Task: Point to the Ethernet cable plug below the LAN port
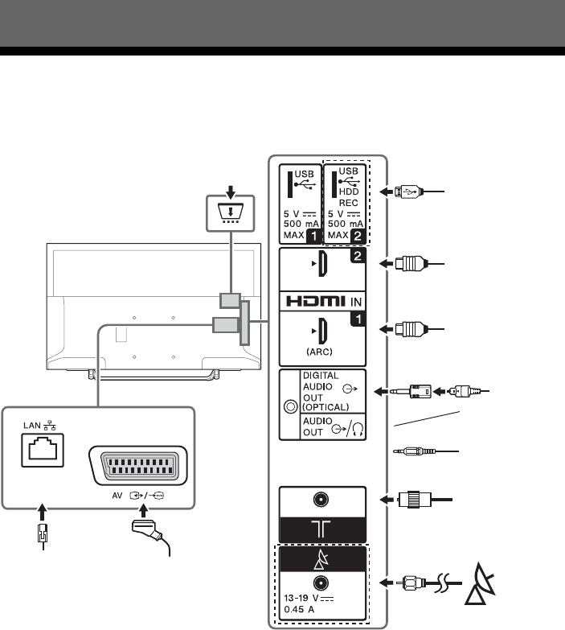pyautogui.click(x=43, y=535)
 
